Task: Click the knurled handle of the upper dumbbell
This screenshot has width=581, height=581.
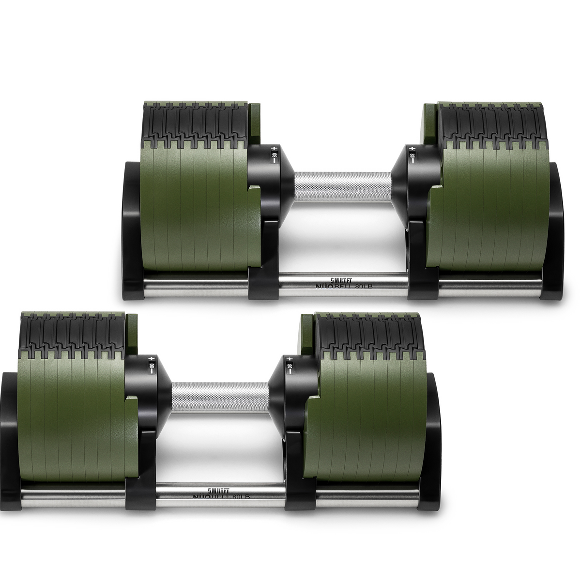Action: [x=343, y=186]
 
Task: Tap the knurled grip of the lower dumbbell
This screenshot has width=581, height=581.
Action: [x=219, y=397]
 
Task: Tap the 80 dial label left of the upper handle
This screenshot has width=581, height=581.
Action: [x=274, y=156]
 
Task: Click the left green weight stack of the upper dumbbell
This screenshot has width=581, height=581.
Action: [x=194, y=208]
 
